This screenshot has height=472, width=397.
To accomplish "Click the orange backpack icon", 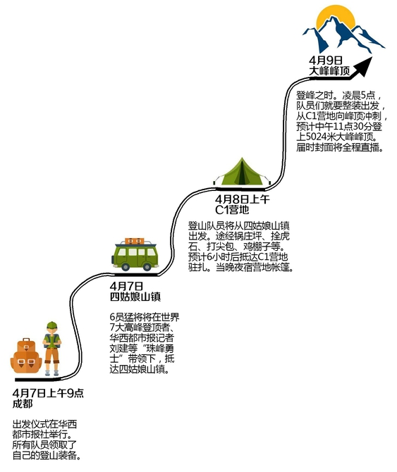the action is (26, 356).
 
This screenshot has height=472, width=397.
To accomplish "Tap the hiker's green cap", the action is (51, 325).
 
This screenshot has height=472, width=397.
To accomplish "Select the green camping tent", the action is (242, 172).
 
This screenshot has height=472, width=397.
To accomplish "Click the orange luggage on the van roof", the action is (135, 242).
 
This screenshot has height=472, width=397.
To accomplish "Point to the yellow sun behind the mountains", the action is (336, 18).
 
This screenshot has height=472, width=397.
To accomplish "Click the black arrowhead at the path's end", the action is (364, 66).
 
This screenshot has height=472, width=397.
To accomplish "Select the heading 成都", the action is (23, 404).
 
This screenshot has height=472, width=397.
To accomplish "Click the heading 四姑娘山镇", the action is (135, 297).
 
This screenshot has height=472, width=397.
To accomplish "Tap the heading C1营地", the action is (232, 210).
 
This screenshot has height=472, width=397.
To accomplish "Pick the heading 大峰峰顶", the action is (329, 71).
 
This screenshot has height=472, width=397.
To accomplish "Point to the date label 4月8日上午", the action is (242, 199).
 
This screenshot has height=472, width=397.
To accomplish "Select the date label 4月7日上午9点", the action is (48, 393).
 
